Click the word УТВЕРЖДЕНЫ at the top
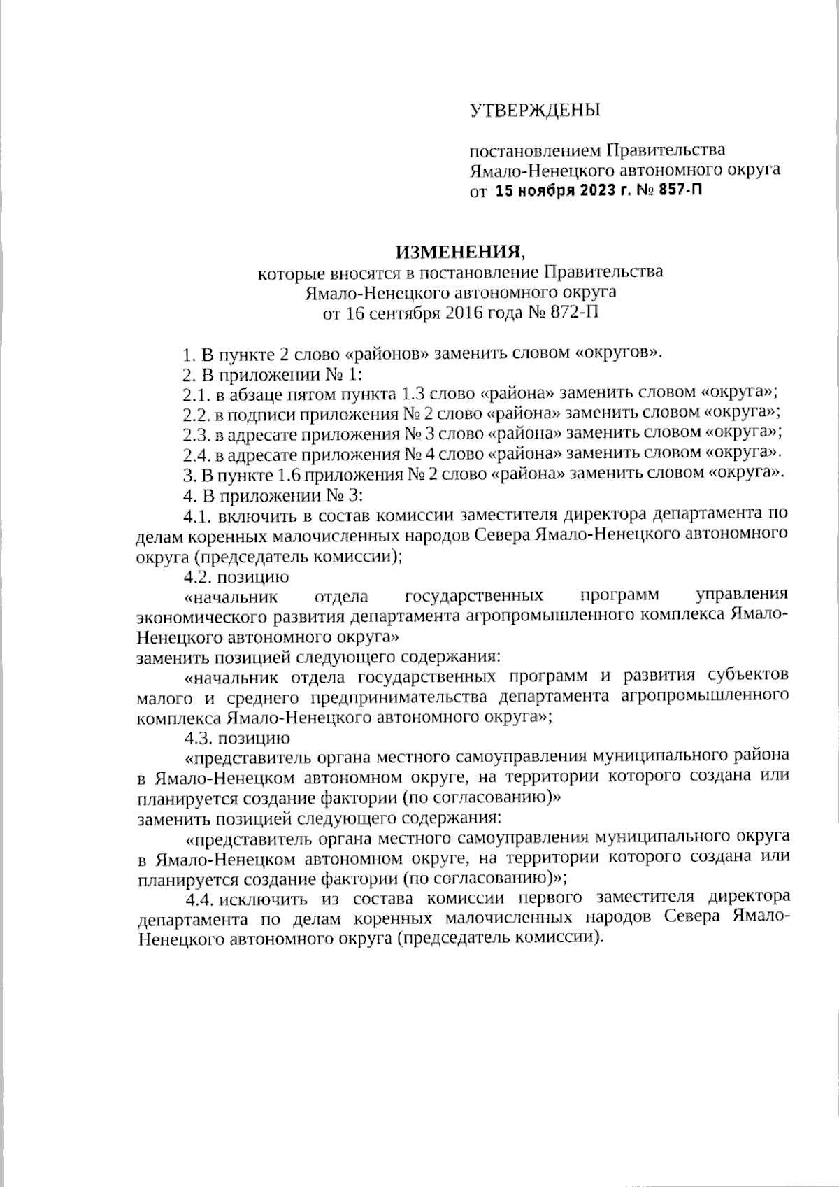pyautogui.click(x=534, y=110)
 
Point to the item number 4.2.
pyautogui.click(x=199, y=577)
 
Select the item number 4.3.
pyautogui.click(x=199, y=737)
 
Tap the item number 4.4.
pyautogui.click(x=199, y=898)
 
